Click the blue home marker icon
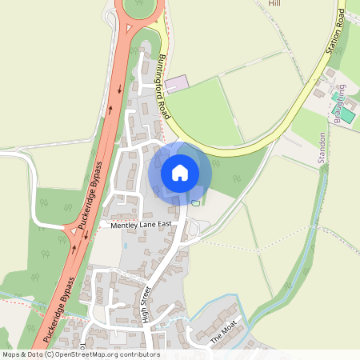tap(180, 172)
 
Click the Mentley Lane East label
tap(142, 227)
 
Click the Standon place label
tap(322, 147)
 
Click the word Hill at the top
tap(275, 4)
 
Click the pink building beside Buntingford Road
tap(178, 83)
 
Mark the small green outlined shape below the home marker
tap(196, 202)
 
